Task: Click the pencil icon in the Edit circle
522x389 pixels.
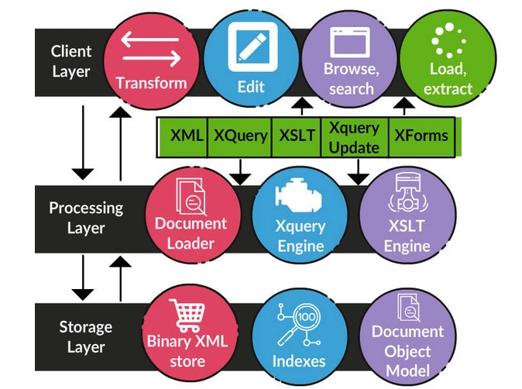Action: [x=252, y=46]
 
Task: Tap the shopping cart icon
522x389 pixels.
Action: [x=187, y=315]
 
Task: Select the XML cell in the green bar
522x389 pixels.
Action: [x=184, y=136]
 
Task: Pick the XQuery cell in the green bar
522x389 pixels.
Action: [x=240, y=136]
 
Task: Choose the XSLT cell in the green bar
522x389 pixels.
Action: [x=297, y=136]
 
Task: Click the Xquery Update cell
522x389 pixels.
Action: [x=354, y=137]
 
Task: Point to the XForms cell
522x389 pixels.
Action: [x=421, y=136]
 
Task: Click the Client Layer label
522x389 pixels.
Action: [x=71, y=61]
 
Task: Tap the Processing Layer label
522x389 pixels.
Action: [x=86, y=218]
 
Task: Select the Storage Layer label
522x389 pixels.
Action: [x=86, y=337]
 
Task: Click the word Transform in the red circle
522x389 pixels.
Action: [x=151, y=83]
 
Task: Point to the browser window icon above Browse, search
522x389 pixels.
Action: [x=350, y=43]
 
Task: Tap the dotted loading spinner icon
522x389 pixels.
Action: [x=448, y=40]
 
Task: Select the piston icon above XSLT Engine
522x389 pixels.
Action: [x=407, y=192]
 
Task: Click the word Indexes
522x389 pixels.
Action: [x=299, y=361]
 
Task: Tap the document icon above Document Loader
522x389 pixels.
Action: [x=191, y=197]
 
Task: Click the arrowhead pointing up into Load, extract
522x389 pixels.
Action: [x=404, y=102]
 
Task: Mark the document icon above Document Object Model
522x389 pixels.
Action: [x=408, y=308]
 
